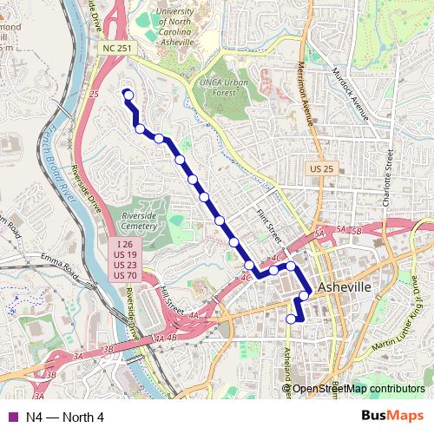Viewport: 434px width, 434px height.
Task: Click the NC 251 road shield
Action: click(x=115, y=49)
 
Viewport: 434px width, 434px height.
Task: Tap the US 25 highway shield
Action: click(x=322, y=168)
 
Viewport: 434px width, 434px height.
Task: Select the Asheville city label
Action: click(x=345, y=287)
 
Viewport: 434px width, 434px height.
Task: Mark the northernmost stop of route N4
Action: click(x=128, y=95)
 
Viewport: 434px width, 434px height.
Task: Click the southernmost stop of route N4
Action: click(x=291, y=319)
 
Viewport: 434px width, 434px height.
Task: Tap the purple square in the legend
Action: click(x=12, y=417)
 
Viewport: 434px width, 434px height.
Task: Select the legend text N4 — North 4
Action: click(x=65, y=417)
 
